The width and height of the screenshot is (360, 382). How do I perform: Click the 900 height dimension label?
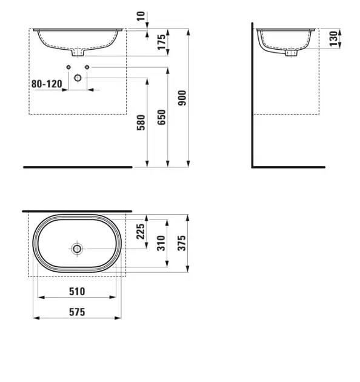click(x=182, y=98)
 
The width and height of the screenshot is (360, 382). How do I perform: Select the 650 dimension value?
click(x=161, y=118)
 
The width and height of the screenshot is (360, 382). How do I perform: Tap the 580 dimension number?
click(x=141, y=122)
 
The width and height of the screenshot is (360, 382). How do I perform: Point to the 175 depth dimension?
click(x=161, y=42)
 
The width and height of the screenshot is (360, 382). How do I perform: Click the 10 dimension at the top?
click(x=141, y=16)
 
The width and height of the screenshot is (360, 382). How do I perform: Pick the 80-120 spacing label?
click(x=47, y=84)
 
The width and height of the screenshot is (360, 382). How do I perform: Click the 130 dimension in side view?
click(x=333, y=38)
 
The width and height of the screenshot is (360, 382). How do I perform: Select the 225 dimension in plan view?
click(x=141, y=232)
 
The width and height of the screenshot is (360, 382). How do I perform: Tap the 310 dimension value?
click(x=161, y=243)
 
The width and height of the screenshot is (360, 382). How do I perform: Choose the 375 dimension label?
click(x=182, y=243)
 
